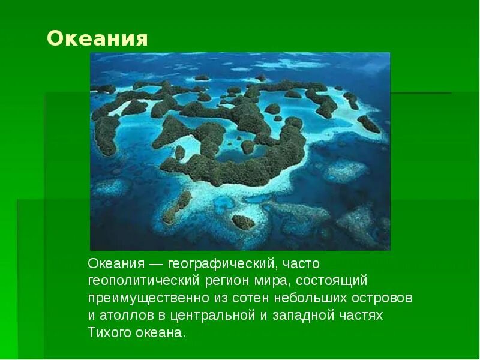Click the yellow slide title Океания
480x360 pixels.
pos(97,39)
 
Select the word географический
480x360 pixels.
pos(220,264)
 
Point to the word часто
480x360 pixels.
pos(301,264)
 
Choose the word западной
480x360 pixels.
pos(304,316)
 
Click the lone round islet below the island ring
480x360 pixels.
pos(243,222)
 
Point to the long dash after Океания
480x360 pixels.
pos(155,264)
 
